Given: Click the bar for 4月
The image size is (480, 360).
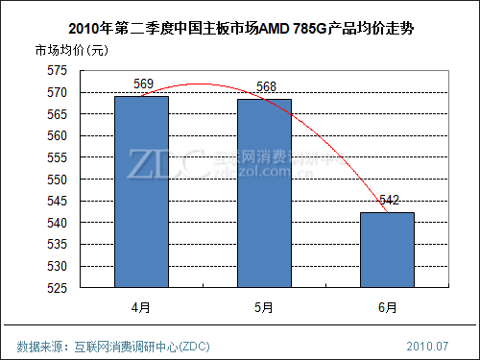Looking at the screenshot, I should coord(141,192).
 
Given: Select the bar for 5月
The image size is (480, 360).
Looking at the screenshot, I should coord(264,193).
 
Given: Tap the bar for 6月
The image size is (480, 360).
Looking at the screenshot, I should coord(387,250).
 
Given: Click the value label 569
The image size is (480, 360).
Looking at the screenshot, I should coord(143,85).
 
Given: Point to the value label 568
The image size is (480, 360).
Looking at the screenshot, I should coord(267,87).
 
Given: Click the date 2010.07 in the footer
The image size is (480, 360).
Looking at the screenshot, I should coord(428,345).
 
